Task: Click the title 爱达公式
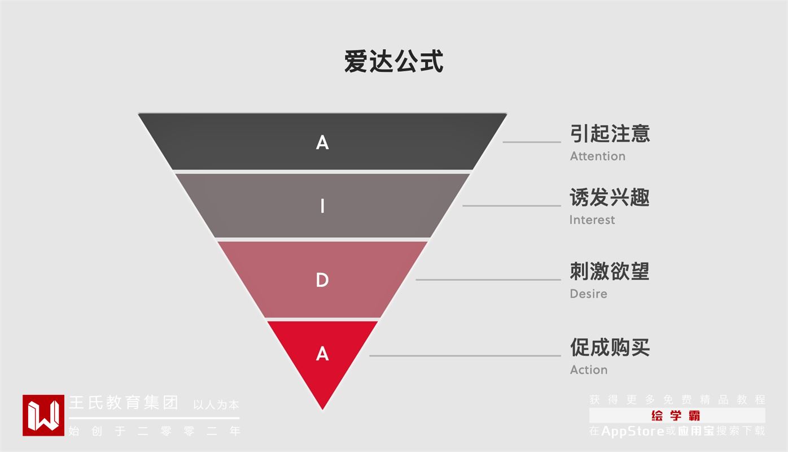393,61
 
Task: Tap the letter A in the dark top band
322,142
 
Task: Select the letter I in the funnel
322,206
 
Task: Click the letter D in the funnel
322,280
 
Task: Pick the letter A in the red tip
322,354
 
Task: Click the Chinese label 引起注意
610,133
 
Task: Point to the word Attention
598,157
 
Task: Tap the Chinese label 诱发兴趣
610,197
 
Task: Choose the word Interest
592,220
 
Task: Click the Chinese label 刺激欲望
610,271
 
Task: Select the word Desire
589,294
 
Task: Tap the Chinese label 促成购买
610,347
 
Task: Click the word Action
589,370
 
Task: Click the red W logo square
43,415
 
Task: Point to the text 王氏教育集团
124,403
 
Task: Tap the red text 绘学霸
676,416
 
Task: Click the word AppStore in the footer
633,431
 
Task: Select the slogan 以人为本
216,405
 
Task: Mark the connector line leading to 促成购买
465,356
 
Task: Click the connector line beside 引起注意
532,142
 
